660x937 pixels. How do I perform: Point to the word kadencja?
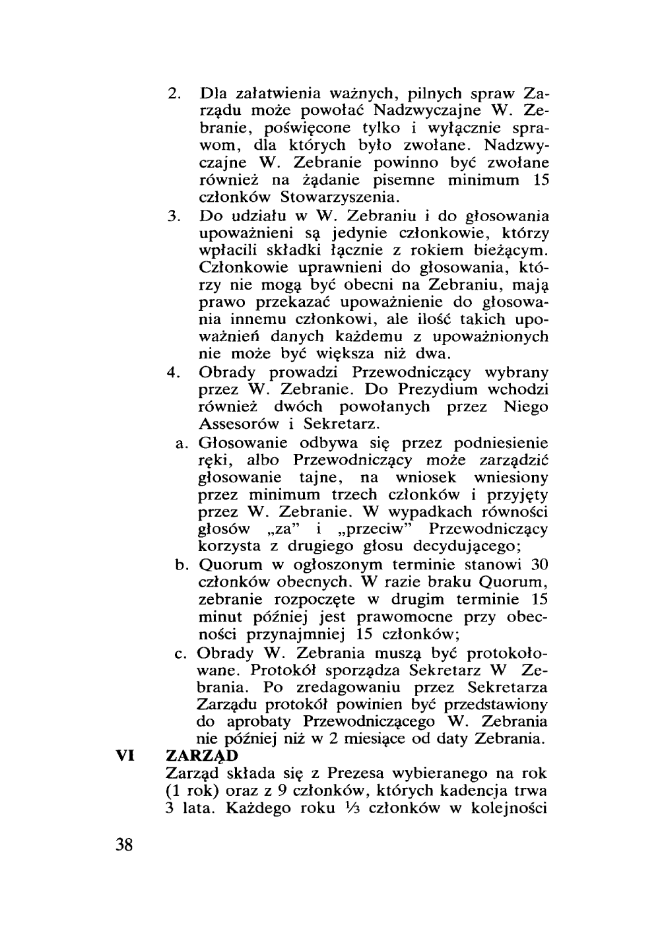(x=472, y=791)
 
